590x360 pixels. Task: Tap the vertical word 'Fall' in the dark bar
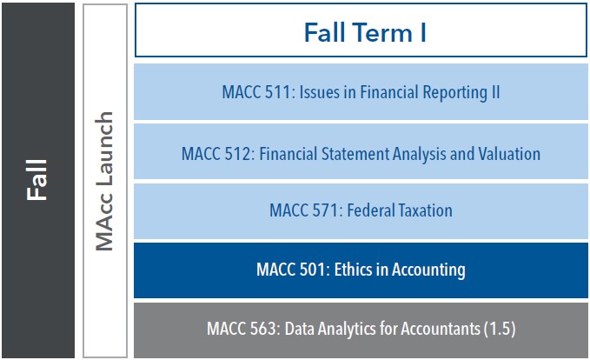point(36,179)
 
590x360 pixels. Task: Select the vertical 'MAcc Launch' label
point(105,181)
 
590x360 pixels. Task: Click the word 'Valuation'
point(507,154)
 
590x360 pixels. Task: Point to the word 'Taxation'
point(421,210)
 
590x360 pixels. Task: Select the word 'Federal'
point(367,210)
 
